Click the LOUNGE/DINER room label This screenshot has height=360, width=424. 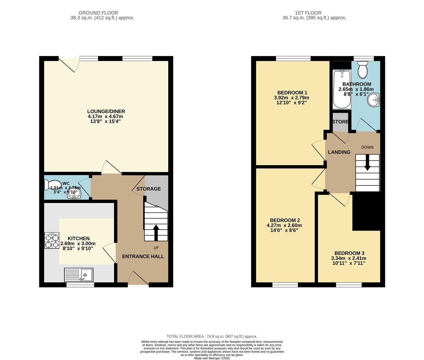(x=106, y=111)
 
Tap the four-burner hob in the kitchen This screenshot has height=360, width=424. (x=52, y=240)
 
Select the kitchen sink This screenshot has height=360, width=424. (x=79, y=275)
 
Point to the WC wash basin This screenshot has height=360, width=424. (x=74, y=194)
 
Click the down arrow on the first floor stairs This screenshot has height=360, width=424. (x=367, y=162)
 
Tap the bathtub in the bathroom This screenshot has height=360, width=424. (x=342, y=89)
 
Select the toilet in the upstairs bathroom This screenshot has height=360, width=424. (x=362, y=70)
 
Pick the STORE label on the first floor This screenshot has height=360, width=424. (x=340, y=122)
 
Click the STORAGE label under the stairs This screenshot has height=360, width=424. (x=148, y=189)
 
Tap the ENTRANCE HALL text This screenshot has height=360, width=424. (x=143, y=256)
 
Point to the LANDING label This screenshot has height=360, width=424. (x=339, y=152)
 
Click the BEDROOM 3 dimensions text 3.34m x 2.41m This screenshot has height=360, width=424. (x=348, y=258)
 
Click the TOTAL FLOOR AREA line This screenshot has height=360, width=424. (x=212, y=336)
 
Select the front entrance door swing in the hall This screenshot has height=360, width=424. (x=138, y=278)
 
